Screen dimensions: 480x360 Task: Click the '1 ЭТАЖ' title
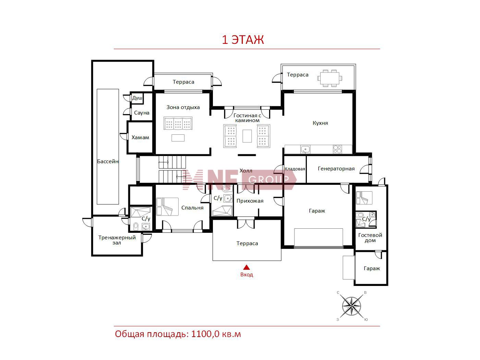(243, 40)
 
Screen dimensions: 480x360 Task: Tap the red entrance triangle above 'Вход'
(247, 267)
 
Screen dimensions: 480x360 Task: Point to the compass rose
(351, 306)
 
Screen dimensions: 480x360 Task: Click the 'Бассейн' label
(108, 161)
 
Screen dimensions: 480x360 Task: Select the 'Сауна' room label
(142, 113)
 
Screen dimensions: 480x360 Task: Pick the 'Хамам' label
(140, 137)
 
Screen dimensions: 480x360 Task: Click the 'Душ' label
(137, 98)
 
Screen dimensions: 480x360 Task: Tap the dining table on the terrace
(329, 78)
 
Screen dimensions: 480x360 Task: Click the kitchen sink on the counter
(305, 149)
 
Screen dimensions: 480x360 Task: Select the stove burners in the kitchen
(337, 149)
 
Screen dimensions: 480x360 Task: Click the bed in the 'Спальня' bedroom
(167, 206)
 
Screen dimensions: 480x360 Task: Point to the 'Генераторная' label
(336, 169)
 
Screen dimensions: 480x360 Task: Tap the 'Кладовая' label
(295, 169)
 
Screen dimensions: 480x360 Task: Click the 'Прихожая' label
(250, 201)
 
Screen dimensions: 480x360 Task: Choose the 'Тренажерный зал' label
(117, 240)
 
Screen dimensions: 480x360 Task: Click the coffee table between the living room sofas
(247, 136)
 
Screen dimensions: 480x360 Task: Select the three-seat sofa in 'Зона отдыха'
(178, 123)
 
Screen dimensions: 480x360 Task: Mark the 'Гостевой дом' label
(370, 238)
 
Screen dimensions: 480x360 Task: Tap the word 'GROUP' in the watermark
(268, 180)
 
